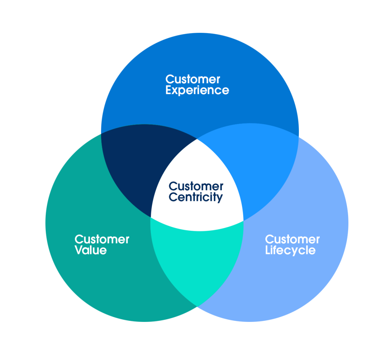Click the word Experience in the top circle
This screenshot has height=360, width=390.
[x=197, y=91]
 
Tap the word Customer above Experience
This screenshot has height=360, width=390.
[x=193, y=79]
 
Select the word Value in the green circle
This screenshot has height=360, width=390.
[x=90, y=251]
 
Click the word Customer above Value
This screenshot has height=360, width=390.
[x=102, y=239]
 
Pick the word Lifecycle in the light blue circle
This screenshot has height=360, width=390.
[x=290, y=251]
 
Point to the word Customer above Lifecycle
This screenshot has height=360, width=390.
[x=292, y=239]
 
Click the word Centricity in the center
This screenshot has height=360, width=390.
[x=196, y=198]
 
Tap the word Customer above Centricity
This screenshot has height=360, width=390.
[x=196, y=186]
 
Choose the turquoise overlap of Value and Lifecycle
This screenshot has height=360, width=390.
[x=196, y=259]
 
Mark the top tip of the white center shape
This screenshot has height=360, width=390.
[x=197, y=139]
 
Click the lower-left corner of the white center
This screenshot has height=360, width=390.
[x=151, y=218]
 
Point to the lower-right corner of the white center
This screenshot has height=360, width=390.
[x=243, y=220]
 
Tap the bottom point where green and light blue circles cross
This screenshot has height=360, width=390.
[x=197, y=305]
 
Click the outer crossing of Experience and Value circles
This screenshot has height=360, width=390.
[x=101, y=133]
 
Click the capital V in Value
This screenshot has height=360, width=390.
[x=78, y=251]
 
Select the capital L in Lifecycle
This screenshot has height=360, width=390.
[x=268, y=251]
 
